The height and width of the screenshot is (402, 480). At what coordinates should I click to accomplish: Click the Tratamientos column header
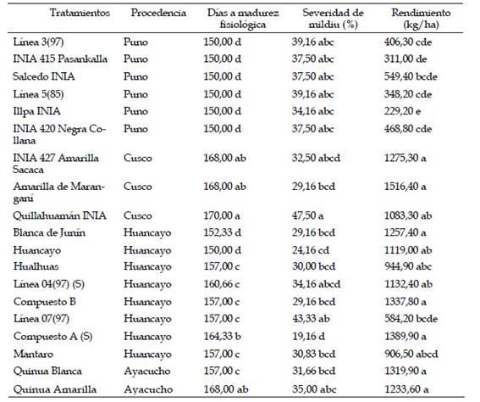point(80,13)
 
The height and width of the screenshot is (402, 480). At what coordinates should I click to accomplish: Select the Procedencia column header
point(158,13)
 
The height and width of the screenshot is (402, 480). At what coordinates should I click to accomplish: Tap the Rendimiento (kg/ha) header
point(421,19)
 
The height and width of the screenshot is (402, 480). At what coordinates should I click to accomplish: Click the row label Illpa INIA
point(36,111)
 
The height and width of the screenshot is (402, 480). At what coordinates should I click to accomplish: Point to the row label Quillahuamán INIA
point(60,215)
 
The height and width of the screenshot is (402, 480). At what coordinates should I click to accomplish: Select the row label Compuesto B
point(45,302)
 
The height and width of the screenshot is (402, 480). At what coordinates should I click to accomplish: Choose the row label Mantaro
point(33,354)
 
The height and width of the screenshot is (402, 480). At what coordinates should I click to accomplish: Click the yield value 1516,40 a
point(405,187)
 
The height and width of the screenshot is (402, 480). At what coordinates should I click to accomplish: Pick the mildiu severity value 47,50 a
point(307,215)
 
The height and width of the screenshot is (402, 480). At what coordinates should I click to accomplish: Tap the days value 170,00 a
point(222,215)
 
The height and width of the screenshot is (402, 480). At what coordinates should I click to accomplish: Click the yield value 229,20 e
point(402,111)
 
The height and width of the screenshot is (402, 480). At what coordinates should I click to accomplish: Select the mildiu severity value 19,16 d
point(308,337)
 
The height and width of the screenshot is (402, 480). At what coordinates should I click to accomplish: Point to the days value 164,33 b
point(223,337)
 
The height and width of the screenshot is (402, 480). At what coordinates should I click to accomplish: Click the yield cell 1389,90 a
point(406,337)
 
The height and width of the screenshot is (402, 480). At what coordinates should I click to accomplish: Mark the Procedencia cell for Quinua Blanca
point(147,371)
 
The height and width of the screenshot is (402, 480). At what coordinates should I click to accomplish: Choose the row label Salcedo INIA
point(44,76)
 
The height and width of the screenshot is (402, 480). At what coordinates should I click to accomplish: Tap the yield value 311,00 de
point(406,59)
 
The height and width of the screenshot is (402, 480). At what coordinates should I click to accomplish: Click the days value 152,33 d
point(223,232)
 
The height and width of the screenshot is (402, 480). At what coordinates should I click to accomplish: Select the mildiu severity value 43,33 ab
point(311,319)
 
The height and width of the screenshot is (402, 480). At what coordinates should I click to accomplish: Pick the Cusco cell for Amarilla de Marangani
point(138,187)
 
